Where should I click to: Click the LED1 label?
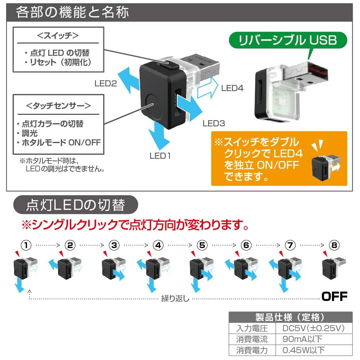(160, 156)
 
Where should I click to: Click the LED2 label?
(106, 84)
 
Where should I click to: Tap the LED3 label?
(214, 123)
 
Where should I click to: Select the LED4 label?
(233, 88)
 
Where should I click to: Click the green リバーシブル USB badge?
(288, 40)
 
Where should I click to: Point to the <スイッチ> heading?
(58, 36)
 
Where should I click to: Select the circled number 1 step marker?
(26, 246)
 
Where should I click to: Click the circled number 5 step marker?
(202, 246)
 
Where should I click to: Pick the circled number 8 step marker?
(334, 246)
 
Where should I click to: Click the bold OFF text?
(334, 296)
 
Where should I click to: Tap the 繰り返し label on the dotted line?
(175, 299)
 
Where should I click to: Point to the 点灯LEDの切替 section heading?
(76, 205)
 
